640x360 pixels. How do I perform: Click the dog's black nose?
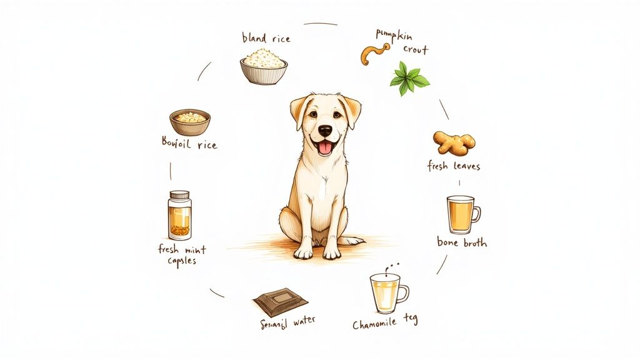click(x=325, y=131)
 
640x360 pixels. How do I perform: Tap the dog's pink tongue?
click(x=325, y=149)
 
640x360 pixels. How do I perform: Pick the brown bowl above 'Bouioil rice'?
click(x=190, y=122)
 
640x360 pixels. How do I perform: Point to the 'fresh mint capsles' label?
click(x=182, y=255)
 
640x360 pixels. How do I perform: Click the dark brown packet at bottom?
click(x=281, y=301)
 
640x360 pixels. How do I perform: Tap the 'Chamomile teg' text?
click(x=385, y=323)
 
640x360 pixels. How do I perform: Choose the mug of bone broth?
click(x=462, y=214)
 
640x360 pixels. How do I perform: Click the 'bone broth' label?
click(x=462, y=242)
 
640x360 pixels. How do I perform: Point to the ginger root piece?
click(x=454, y=142)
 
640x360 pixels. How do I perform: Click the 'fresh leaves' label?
click(x=454, y=166)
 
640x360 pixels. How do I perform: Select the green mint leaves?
click(x=409, y=79)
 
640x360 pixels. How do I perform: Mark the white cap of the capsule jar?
click(x=179, y=195)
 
